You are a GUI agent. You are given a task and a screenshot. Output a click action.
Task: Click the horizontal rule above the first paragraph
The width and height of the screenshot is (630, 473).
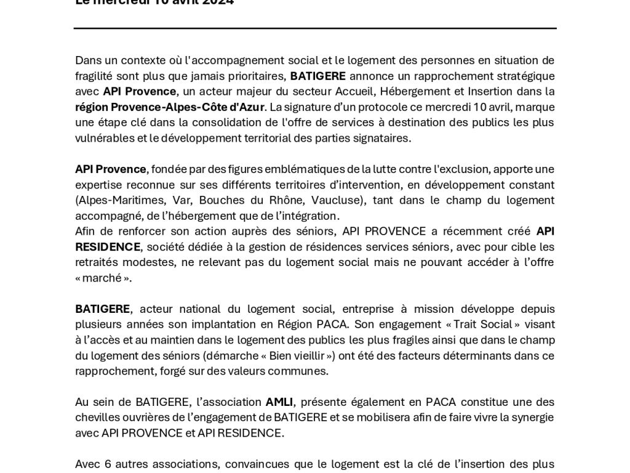(315, 28)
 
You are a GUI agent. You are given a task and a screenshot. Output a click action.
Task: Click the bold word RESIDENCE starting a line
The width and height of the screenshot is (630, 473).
(108, 247)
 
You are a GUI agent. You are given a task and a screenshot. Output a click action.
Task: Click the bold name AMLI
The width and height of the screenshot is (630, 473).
(279, 402)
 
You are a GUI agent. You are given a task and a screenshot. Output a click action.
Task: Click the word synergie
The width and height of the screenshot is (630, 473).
(531, 418)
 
